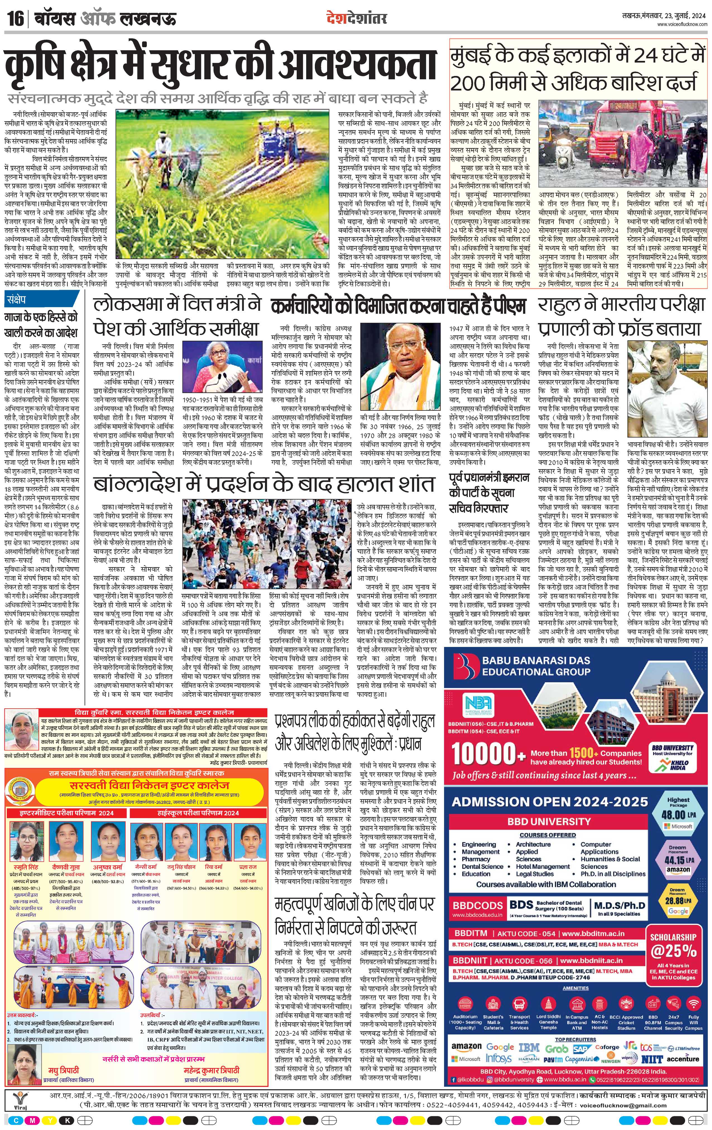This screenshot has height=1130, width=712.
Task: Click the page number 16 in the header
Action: pyautogui.click(x=15, y=19)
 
